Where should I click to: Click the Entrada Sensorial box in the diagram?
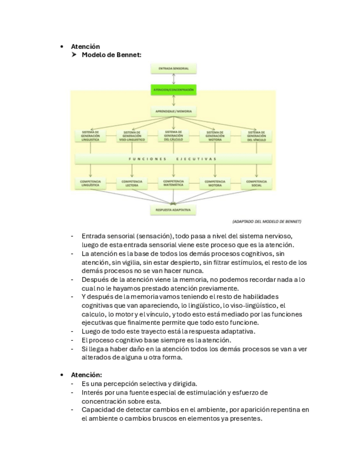[x=173, y=69]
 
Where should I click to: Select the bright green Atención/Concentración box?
[x=173, y=89]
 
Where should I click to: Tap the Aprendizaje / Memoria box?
[x=173, y=111]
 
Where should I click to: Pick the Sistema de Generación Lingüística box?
[x=90, y=136]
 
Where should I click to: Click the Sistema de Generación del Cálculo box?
[x=173, y=136]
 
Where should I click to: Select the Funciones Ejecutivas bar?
[x=173, y=159]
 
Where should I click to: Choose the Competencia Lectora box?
[x=131, y=183]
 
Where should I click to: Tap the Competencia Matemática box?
[x=173, y=183]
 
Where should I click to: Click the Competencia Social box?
[x=256, y=183]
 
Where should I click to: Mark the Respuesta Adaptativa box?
[x=173, y=210]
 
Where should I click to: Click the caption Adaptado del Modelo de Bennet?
[x=267, y=221]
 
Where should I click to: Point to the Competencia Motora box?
[x=214, y=183]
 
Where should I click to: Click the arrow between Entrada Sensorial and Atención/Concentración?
[x=173, y=79]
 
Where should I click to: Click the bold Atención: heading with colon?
[x=87, y=375]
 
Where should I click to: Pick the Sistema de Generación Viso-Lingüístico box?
[x=131, y=136]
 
